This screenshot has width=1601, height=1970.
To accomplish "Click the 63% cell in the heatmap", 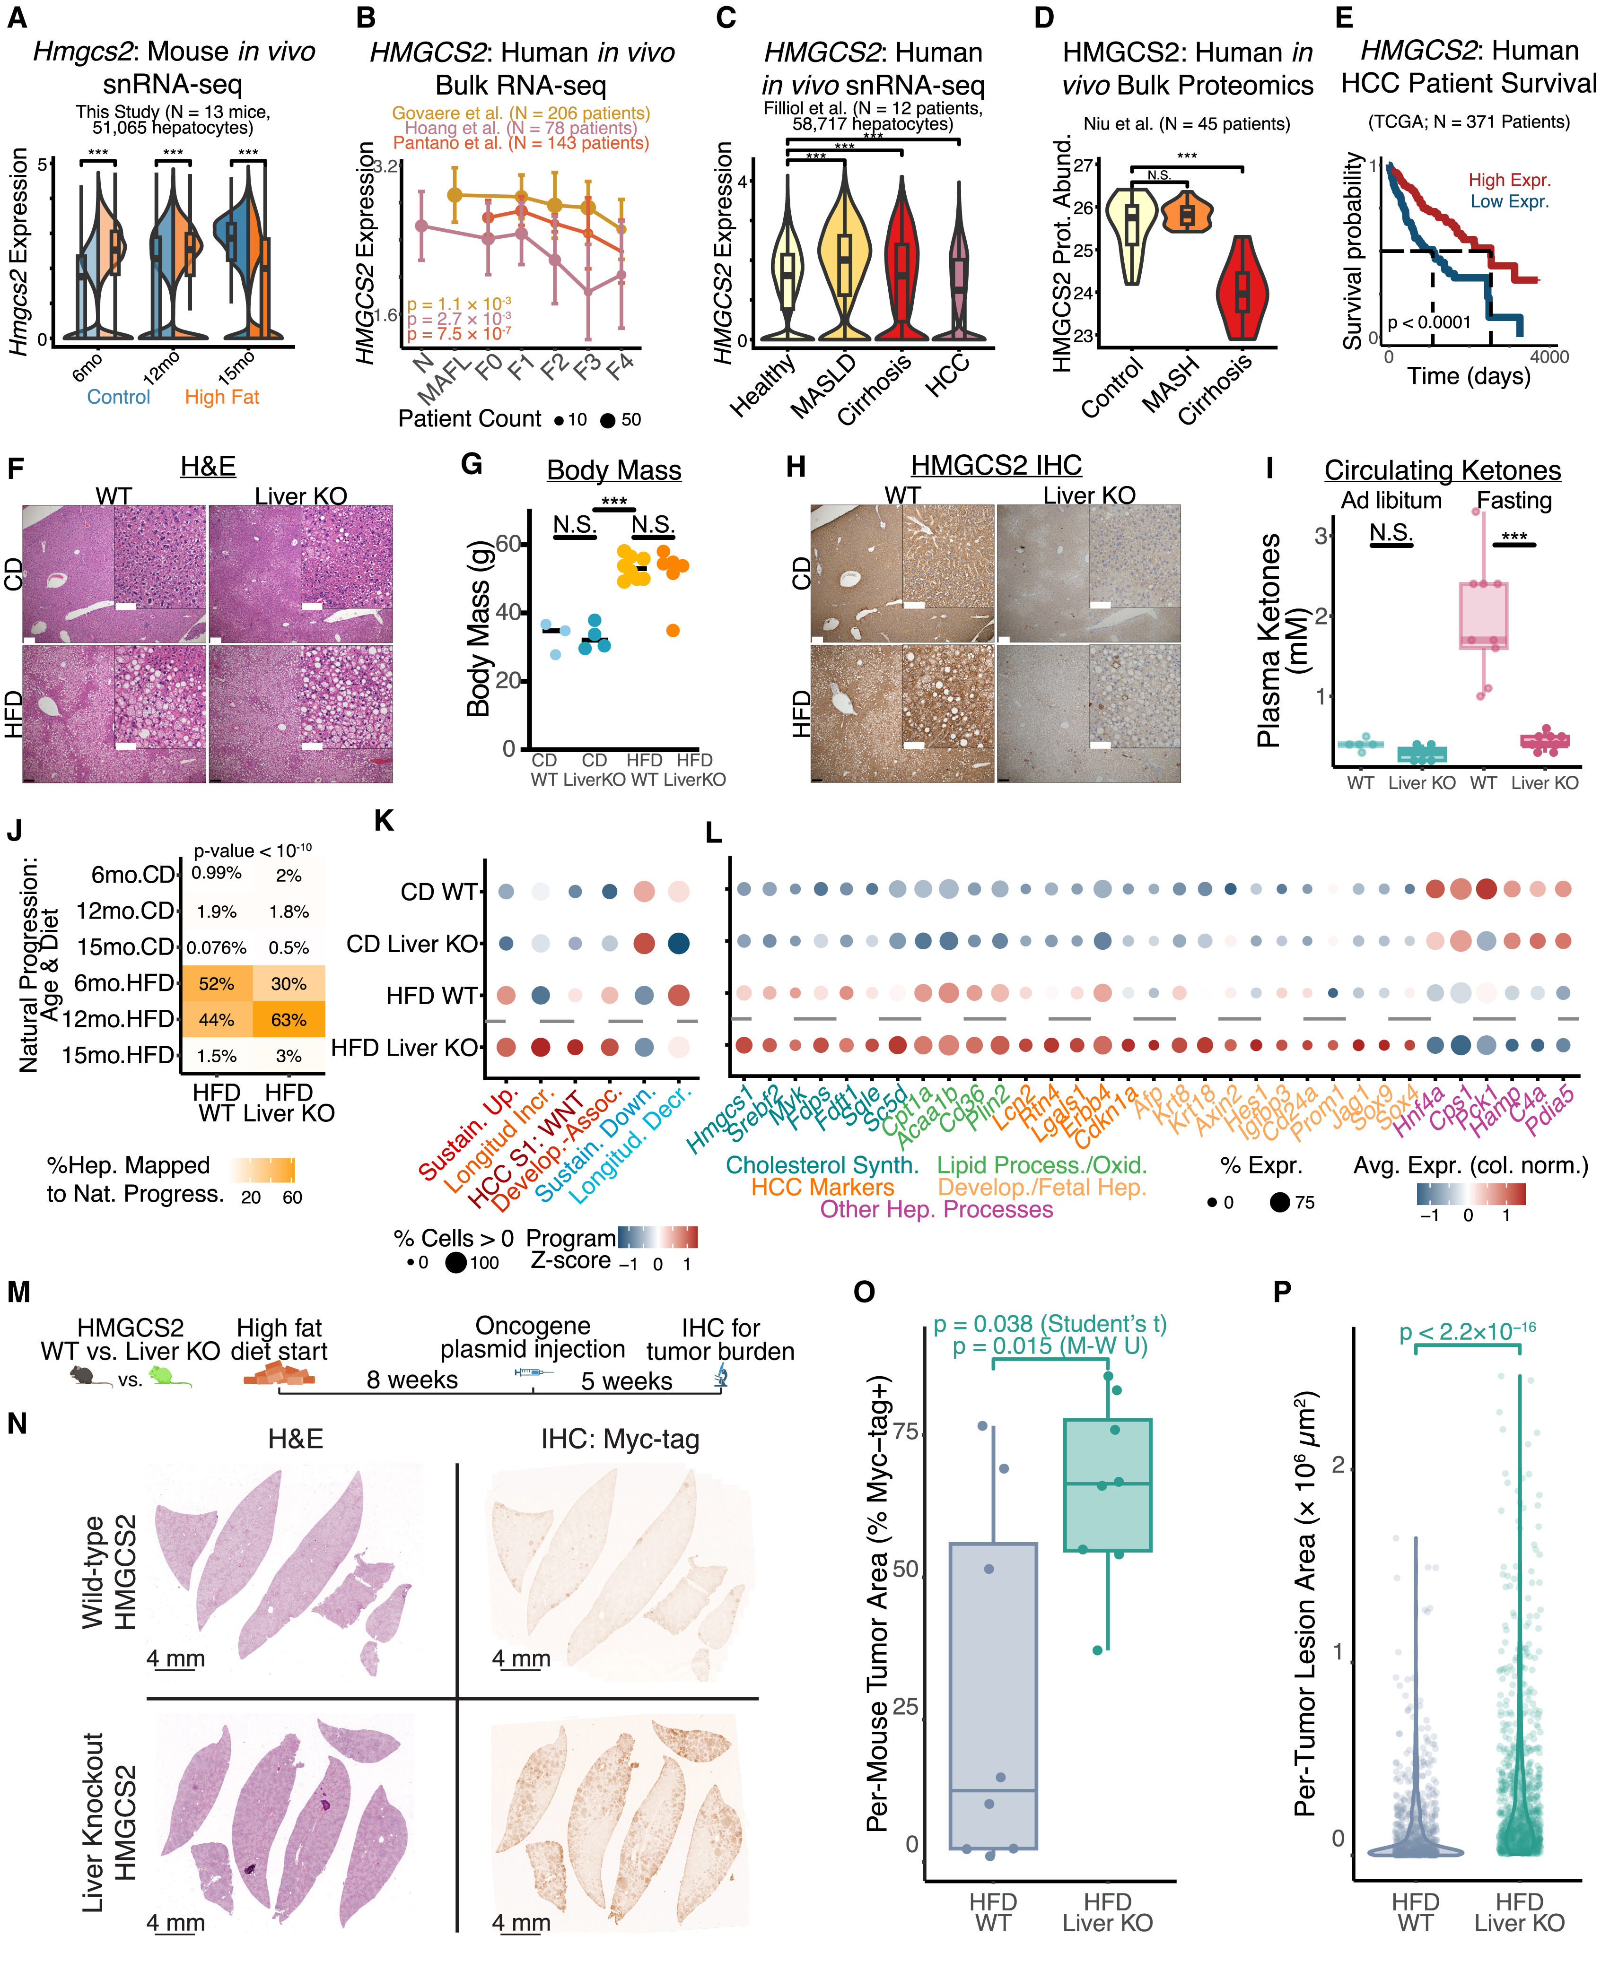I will point(289,1020).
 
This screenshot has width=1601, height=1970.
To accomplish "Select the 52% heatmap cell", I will point(217,984).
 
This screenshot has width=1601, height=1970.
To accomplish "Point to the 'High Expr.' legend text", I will point(1510,180).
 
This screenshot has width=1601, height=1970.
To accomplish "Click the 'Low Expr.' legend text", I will point(1510,201).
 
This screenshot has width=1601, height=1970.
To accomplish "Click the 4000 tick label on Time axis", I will point(1549,357).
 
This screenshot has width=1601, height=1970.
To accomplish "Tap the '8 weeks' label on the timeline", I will point(412,1380).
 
